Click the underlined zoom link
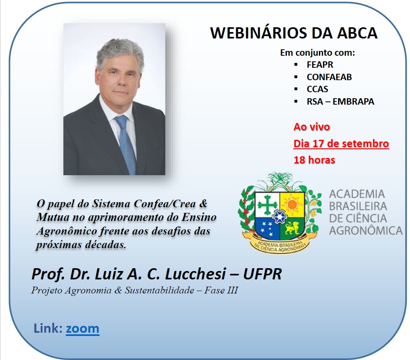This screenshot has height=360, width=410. [82, 329]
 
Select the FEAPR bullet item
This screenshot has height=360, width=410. [320, 65]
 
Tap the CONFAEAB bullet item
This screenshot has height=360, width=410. [329, 77]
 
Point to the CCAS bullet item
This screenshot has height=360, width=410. [317, 89]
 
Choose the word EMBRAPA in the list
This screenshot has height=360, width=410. [353, 101]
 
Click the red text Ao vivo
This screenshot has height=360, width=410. [312, 127]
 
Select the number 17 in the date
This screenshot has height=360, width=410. [318, 144]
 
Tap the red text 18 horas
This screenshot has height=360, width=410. [314, 160]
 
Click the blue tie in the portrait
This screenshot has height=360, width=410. [126, 144]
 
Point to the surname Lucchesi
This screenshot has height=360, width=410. [195, 274]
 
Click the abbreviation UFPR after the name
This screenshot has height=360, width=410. [262, 274]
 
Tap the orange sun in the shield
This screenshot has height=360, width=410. [292, 204]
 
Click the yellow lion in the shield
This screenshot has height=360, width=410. [292, 228]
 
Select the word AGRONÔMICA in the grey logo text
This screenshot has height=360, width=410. [366, 231]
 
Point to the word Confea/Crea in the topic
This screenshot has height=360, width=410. [164, 204]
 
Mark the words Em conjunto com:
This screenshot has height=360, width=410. [317, 53]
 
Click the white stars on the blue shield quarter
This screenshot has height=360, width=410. [267, 228]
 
